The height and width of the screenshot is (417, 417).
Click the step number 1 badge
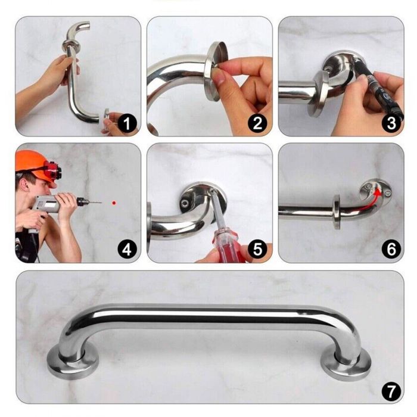click(x=127, y=123)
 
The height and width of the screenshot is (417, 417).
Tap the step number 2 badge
click(x=257, y=123)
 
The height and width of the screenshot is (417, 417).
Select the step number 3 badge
click(x=391, y=123)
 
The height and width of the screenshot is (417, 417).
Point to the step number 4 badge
click(x=127, y=250)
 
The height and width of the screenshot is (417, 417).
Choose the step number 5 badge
click(x=257, y=250)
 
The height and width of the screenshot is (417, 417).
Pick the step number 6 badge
click(x=391, y=250)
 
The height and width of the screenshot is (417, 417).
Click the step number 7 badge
click(x=391, y=391)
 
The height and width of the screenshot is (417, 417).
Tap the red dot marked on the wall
click(x=114, y=203)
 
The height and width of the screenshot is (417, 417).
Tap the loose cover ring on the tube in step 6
click(x=337, y=212)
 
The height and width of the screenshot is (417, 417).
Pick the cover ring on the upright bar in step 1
click(x=71, y=46)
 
